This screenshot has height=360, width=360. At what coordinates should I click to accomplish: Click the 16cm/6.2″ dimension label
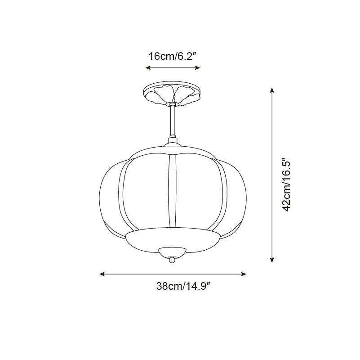[x=173, y=56]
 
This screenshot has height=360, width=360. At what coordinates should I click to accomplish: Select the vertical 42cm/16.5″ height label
[x=287, y=184]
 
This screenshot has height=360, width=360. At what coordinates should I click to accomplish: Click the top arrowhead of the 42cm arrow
[x=271, y=90]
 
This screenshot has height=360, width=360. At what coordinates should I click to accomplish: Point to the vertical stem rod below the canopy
[x=172, y=121]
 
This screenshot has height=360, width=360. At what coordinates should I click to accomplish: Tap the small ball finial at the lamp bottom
[x=172, y=260]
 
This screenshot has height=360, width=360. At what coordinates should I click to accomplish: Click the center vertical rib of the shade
[x=172, y=191]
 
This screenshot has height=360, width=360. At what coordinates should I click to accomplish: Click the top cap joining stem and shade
[x=172, y=143]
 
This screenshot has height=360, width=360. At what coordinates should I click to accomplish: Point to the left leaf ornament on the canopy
[x=160, y=94]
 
